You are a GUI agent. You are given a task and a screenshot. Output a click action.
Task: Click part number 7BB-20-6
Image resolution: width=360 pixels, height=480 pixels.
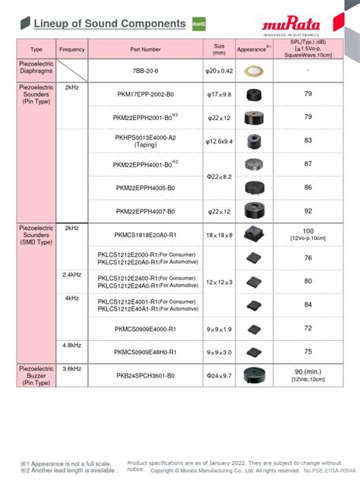[x=145, y=70]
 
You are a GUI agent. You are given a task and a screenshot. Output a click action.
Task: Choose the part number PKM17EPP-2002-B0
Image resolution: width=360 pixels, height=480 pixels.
[x=145, y=94]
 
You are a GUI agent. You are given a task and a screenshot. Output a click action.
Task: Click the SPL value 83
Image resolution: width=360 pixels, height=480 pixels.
[x=308, y=141]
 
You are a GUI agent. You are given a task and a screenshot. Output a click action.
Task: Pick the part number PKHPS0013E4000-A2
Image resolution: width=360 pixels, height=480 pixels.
[x=145, y=141]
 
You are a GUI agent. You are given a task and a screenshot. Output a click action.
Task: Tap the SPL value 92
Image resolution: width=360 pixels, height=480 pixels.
[x=308, y=211]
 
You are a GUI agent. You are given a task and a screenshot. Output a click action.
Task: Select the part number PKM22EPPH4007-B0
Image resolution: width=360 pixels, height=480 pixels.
[x=145, y=211]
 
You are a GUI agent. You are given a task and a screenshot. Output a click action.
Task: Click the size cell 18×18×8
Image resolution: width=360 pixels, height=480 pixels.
[x=219, y=235]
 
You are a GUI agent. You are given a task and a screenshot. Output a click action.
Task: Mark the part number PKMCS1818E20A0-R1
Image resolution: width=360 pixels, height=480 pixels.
[x=145, y=235]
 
